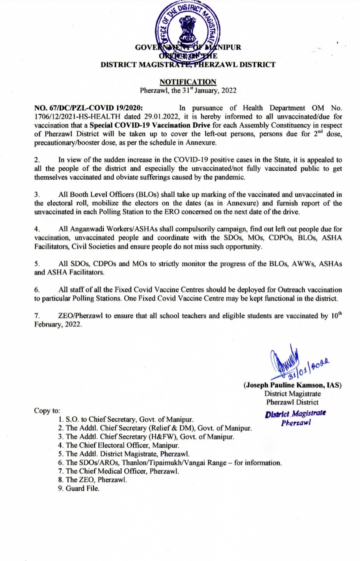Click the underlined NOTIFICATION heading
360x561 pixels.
pos(188,82)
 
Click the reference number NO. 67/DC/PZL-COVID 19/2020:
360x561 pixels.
pos(89,108)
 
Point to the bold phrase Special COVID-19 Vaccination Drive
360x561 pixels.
pos(150,125)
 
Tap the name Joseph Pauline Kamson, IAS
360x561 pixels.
pos(293,385)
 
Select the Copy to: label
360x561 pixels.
pos(47,411)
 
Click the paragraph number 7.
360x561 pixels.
pos(37,316)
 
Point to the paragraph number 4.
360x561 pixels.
pos(37,229)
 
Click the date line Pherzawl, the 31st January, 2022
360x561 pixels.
pos(188,91)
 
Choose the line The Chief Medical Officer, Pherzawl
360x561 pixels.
pos(119,471)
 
